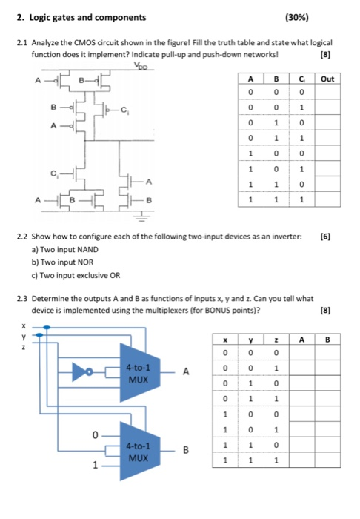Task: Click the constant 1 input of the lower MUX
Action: point(94,467)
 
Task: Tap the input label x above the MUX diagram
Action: point(24,325)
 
